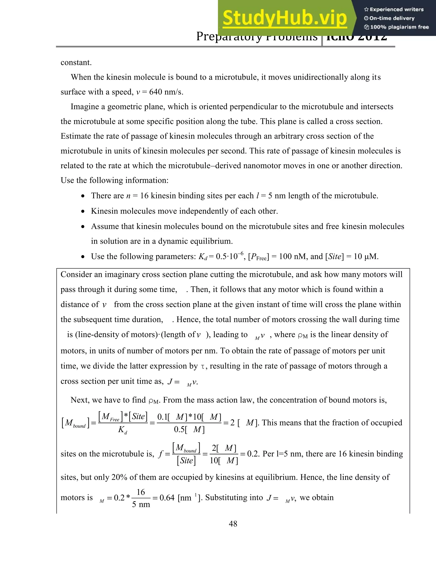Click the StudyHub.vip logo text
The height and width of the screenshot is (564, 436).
(x=284, y=18)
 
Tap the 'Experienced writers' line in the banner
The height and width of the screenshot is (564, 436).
(x=394, y=10)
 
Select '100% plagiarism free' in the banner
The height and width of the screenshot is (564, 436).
(x=396, y=27)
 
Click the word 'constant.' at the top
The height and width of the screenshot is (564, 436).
(x=76, y=63)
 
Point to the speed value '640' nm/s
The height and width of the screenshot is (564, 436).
(x=156, y=92)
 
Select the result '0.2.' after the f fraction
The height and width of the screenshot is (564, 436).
(x=253, y=454)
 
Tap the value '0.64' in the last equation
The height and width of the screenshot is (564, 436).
(x=167, y=498)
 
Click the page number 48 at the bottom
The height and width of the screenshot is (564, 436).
(x=233, y=524)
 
